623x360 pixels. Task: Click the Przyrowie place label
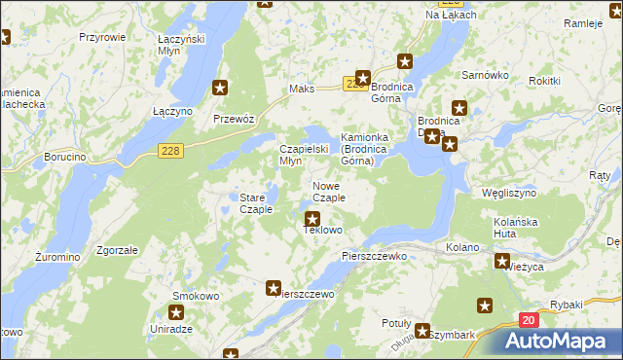[102, 36]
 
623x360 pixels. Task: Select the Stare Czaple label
[256, 203]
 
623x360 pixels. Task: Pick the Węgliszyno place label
[510, 193]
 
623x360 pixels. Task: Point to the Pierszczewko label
[373, 255]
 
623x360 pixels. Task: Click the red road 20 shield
[528, 320]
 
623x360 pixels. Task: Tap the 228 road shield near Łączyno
[170, 149]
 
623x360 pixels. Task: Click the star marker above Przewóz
[221, 89]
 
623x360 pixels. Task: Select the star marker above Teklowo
[312, 220]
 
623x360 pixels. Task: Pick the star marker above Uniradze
[176, 312]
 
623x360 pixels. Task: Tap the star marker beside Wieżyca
[502, 261]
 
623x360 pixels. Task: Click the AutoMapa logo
[559, 341]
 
